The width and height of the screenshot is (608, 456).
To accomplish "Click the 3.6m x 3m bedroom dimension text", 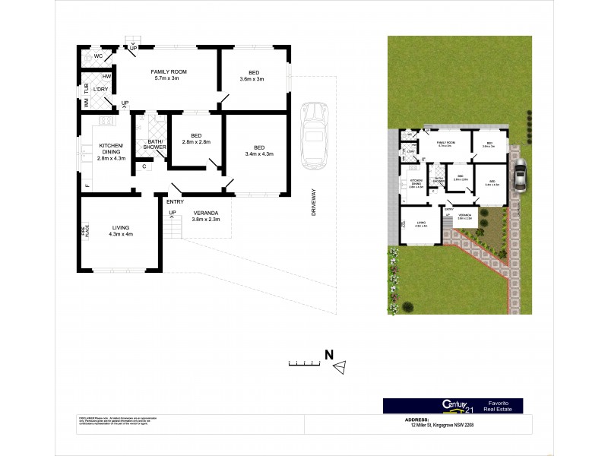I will click(x=251, y=79).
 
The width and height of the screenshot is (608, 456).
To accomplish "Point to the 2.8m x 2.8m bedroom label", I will click(x=196, y=142).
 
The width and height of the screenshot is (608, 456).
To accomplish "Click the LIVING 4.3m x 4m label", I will click(x=121, y=230).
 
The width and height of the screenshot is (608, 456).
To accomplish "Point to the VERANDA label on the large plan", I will click(x=205, y=214).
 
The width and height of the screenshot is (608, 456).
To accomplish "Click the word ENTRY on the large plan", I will click(x=175, y=201).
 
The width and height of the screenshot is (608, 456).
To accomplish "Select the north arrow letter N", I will click(x=329, y=353).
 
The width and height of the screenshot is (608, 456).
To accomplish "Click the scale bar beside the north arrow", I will click(x=304, y=364).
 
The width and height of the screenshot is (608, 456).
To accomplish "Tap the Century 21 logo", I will click(x=453, y=406).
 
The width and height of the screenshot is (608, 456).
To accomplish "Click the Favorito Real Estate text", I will click(x=499, y=406).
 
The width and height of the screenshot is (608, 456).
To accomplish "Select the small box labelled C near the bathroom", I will click(x=144, y=166).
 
